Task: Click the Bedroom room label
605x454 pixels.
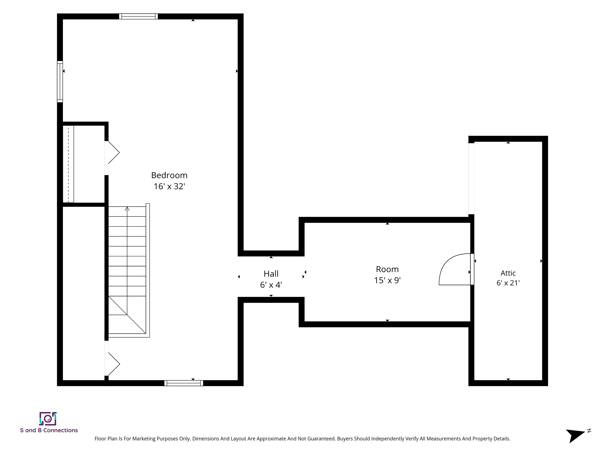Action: (x=169, y=175)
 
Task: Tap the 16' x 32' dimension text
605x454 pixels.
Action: (x=169, y=186)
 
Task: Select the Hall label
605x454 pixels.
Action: (x=271, y=274)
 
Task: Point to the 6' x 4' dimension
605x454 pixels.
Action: (x=271, y=285)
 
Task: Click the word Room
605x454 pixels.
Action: (x=387, y=269)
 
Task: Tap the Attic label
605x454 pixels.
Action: (x=508, y=273)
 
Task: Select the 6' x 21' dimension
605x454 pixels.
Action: (x=508, y=283)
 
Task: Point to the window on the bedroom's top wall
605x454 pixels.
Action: (x=138, y=16)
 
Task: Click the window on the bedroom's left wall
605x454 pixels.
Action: (x=60, y=82)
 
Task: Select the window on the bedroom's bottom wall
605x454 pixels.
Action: (x=184, y=383)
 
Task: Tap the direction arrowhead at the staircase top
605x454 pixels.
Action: (x=127, y=209)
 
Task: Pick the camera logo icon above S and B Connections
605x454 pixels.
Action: (x=48, y=419)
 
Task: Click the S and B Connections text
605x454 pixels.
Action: (x=49, y=431)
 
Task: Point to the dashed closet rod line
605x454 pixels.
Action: (x=68, y=164)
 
